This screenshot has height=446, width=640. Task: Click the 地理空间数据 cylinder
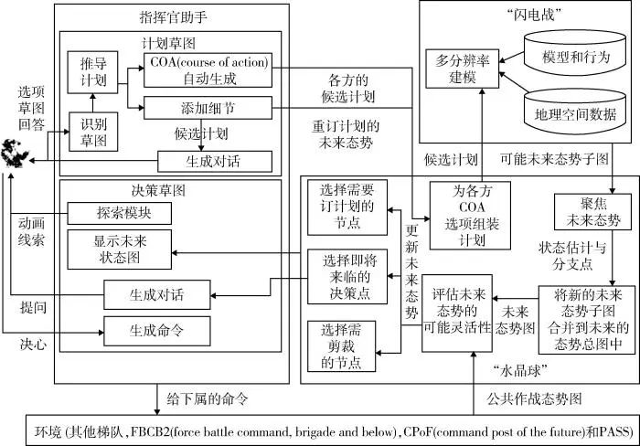pos(573,115)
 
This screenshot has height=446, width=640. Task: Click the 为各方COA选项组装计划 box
pos(470,216)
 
